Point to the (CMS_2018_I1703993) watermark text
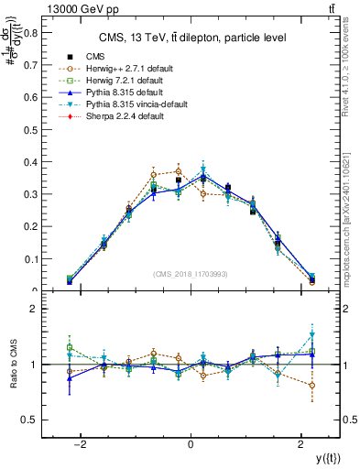pos(191,275)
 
